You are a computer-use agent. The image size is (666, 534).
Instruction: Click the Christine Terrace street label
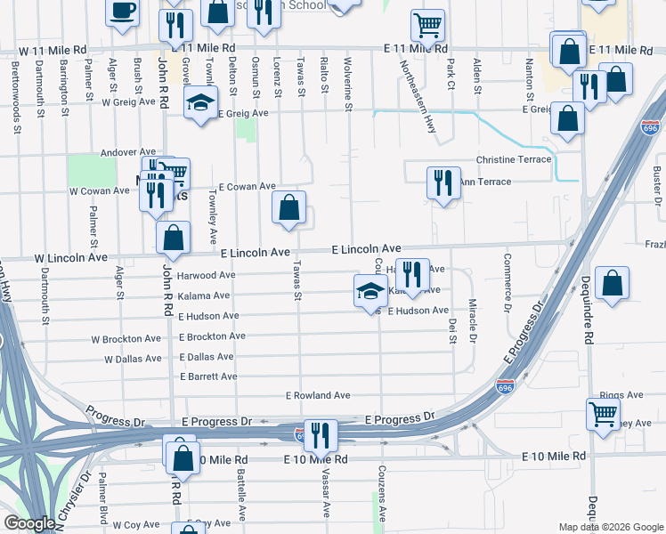pyautogui.click(x=514, y=159)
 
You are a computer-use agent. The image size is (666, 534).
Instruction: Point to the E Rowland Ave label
pyautogui.click(x=318, y=395)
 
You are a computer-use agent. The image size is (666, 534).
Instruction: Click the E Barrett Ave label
pyautogui.click(x=208, y=376)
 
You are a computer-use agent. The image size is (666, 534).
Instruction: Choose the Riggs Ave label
pyautogui.click(x=622, y=395)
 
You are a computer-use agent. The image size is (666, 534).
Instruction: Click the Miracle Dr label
pyautogui.click(x=473, y=321)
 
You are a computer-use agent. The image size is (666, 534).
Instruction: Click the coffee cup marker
pyautogui.click(x=122, y=11)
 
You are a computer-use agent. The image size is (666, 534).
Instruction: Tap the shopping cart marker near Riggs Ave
pyautogui.click(x=604, y=413)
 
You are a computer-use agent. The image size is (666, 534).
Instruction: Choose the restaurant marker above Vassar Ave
pyautogui.click(x=321, y=435)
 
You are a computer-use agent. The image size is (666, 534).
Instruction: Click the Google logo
pyautogui.click(x=29, y=523)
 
